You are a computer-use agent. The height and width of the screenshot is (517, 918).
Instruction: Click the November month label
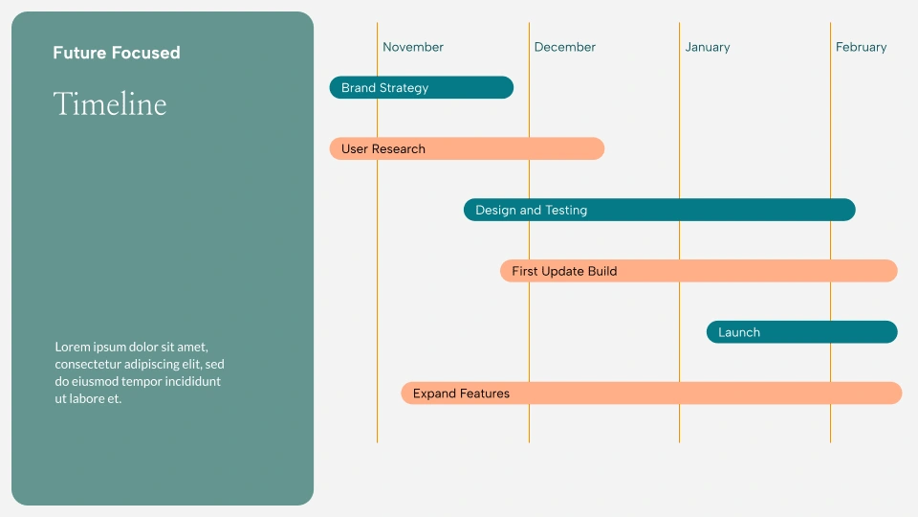(413, 47)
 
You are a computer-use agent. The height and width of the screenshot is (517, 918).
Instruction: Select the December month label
(564, 47)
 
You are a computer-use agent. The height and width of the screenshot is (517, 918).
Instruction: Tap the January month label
(708, 47)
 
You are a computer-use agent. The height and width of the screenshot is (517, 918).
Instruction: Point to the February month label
(861, 47)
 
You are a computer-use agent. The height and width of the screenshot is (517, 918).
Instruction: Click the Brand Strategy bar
(422, 87)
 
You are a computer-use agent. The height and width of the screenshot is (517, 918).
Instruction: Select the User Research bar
(467, 148)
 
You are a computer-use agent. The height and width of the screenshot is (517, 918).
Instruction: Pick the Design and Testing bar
(659, 210)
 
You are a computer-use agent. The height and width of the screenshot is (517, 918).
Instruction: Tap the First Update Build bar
(698, 271)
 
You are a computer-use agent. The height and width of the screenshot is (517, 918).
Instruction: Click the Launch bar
(802, 332)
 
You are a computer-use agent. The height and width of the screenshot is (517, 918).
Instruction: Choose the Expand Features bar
(651, 393)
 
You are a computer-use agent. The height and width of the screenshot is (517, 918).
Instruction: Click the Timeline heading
(110, 104)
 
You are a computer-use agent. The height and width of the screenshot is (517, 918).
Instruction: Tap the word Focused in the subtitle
(145, 53)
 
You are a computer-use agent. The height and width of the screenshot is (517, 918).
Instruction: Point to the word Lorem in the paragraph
(72, 347)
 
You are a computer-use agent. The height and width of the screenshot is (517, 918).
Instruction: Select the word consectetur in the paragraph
(88, 364)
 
